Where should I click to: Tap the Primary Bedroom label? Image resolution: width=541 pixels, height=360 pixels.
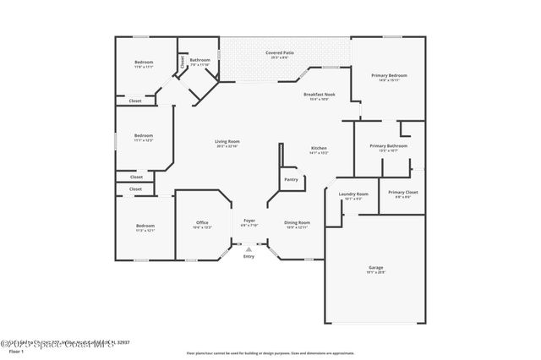[x=389, y=76]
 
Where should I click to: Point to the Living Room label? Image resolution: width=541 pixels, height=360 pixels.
[x=227, y=141]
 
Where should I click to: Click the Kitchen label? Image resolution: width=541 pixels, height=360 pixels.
[x=318, y=149]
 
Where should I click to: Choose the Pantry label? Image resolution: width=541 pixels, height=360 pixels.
[x=291, y=179]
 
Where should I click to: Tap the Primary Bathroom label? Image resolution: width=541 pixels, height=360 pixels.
[x=389, y=146]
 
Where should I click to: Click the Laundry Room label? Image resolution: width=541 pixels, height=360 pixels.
[x=353, y=194]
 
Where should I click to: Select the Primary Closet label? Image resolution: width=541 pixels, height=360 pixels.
[x=402, y=193]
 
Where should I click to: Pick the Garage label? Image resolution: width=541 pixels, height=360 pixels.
[x=375, y=268]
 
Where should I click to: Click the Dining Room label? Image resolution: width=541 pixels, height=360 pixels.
[x=297, y=222]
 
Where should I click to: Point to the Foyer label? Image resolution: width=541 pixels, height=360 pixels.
[x=249, y=222]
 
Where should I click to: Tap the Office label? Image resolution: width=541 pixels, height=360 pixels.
[x=203, y=223]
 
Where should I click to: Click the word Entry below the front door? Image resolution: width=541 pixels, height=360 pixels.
[x=249, y=256]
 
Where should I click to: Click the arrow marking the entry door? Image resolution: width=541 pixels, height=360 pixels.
[x=249, y=249]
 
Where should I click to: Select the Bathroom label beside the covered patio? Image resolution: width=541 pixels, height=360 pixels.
[x=199, y=60]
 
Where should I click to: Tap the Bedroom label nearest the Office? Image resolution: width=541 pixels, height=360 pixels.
[x=145, y=226]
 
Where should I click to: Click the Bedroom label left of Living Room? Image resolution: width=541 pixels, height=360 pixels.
[x=144, y=136]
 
